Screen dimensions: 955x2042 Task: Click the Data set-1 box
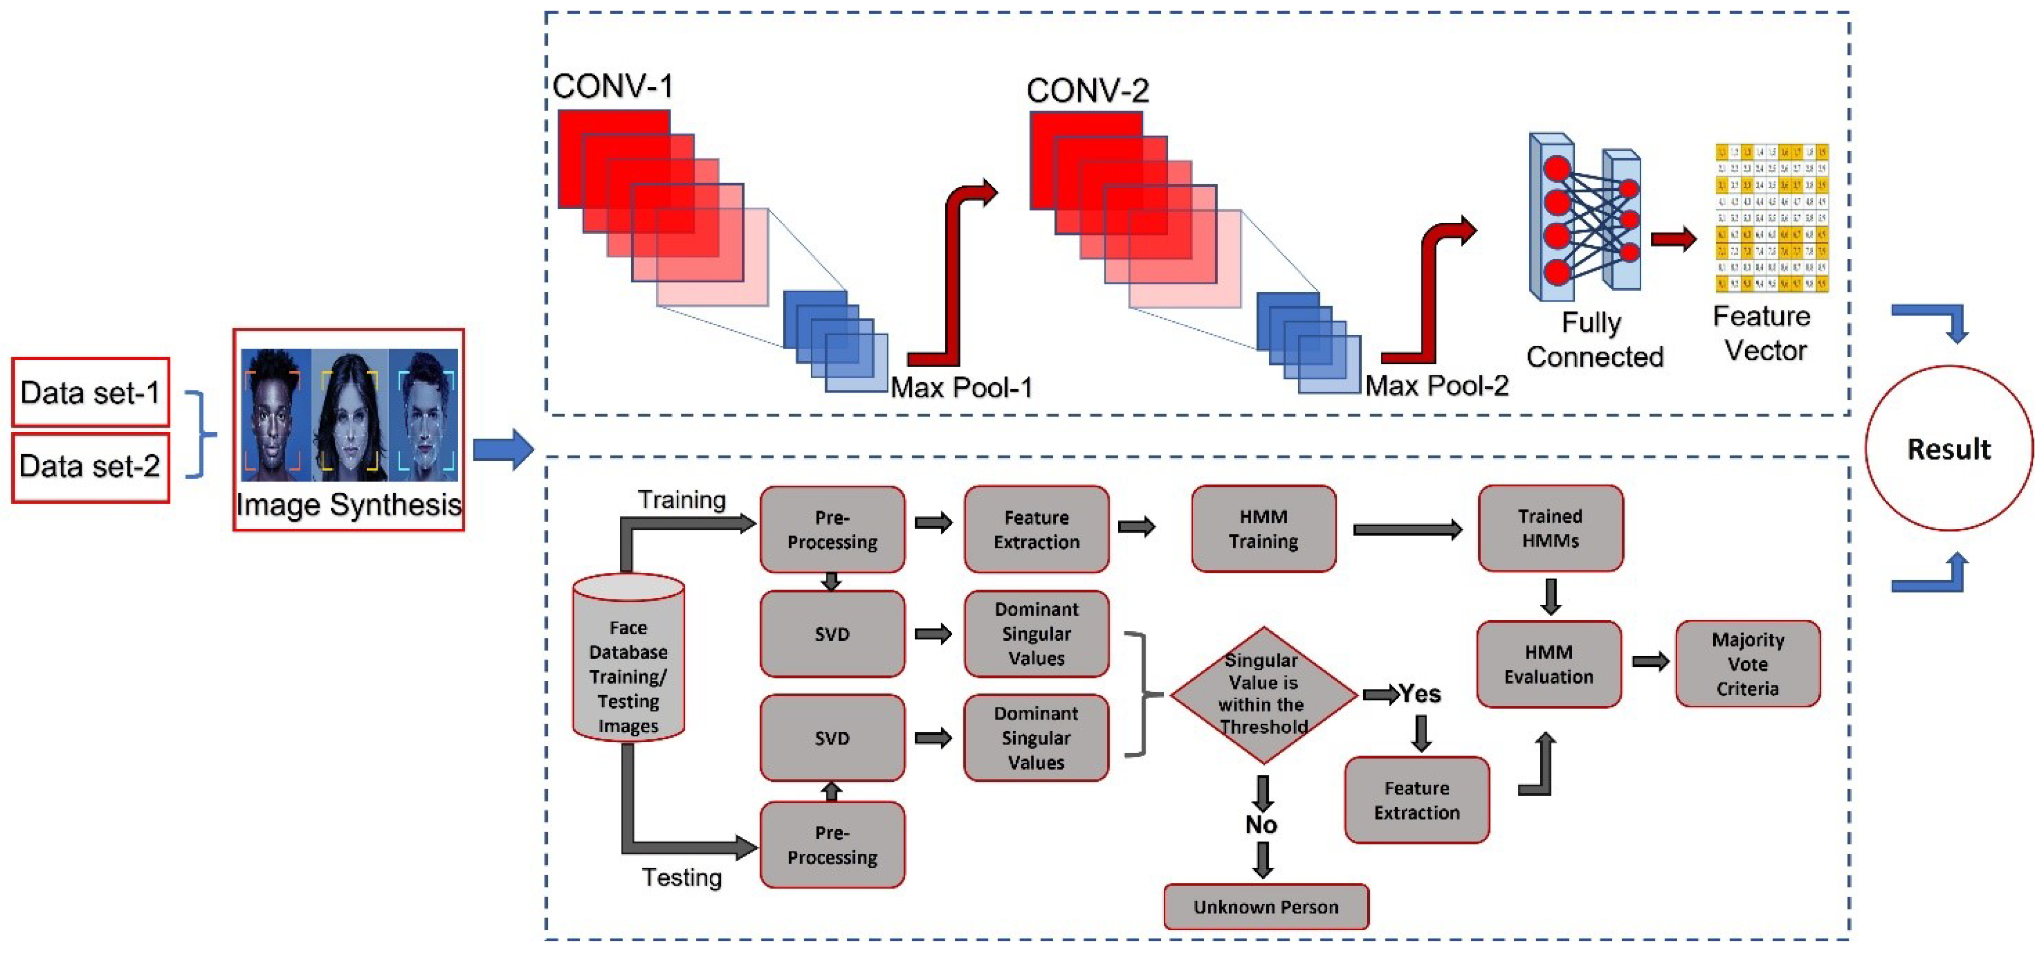[x=90, y=392]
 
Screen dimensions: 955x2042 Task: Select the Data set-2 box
[x=90, y=466]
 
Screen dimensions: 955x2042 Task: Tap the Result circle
[x=1949, y=449]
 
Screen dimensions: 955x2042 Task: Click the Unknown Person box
[x=1266, y=907]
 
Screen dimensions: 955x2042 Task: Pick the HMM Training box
[x=1264, y=529]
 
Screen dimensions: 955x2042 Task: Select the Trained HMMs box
[x=1550, y=528]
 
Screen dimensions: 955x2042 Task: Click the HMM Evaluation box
[x=1549, y=664]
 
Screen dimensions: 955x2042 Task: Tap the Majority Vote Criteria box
[x=1747, y=664]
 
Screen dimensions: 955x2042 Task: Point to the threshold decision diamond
[x=1264, y=694]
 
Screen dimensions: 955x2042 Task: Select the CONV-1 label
[x=613, y=86]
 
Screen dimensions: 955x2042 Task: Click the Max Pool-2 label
[x=1436, y=386]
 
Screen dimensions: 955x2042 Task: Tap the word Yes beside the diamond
[x=1420, y=694]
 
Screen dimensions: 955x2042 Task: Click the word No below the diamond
[x=1261, y=825]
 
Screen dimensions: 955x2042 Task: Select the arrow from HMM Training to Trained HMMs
[x=1407, y=529]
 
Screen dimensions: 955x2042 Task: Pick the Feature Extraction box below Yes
[x=1416, y=800]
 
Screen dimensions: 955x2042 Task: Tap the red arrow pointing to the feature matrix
[x=1673, y=238]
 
